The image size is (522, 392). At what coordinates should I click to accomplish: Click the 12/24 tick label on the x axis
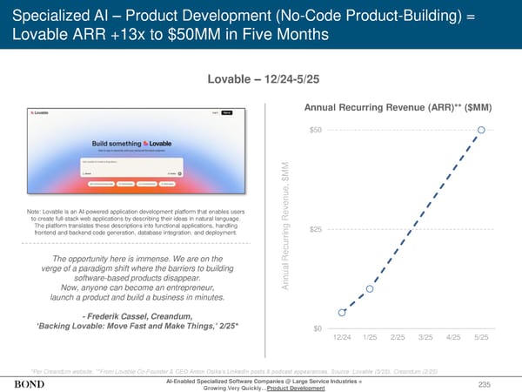pos(342,336)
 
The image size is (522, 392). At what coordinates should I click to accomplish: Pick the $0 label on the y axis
pos(318,328)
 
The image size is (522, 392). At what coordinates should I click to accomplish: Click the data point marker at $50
pos(482,131)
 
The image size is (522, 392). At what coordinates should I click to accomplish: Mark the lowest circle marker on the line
pos(343,312)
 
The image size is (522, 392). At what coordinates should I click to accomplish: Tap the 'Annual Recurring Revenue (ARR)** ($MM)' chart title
pos(398,107)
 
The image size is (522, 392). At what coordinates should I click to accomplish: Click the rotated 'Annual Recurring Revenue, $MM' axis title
pos(285,229)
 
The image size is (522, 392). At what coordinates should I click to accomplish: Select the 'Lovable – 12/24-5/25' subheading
pos(260,80)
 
